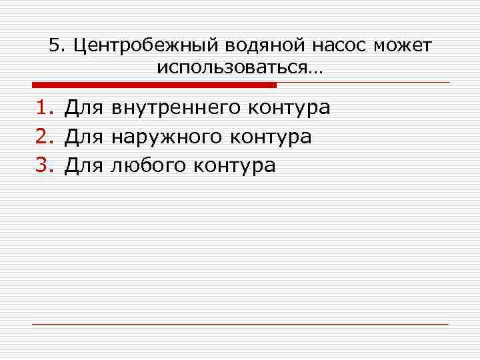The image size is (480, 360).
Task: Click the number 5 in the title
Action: coord(55,45)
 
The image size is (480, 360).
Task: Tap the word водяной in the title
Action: coord(255,45)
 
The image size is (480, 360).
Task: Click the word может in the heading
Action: coord(403,45)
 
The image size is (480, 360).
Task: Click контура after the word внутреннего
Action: coord(289,108)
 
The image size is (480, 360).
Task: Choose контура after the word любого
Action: coord(234,165)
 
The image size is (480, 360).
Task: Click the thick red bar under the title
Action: coord(154,85)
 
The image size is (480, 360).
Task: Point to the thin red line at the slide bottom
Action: coord(240,324)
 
